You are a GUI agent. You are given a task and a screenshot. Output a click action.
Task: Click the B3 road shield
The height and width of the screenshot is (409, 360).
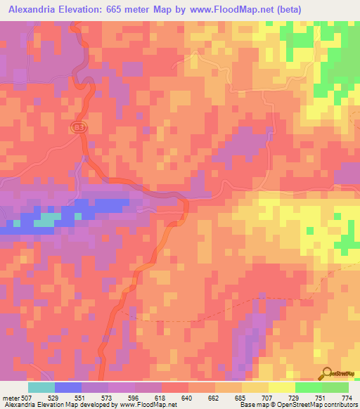click(x=79, y=127)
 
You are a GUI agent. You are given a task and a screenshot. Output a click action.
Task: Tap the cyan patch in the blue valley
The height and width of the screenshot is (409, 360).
click(x=46, y=220)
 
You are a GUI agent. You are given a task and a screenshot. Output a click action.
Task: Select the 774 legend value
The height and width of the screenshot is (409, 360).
click(x=347, y=397)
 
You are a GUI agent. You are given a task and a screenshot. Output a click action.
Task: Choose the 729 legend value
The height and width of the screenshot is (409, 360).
click(x=294, y=397)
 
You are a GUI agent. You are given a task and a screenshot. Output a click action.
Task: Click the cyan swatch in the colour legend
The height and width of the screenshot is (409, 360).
click(x=41, y=387)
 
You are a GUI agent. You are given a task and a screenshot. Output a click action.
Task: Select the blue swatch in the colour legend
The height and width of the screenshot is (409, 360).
click(x=68, y=387)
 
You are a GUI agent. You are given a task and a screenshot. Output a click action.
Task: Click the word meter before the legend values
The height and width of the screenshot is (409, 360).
click(x=13, y=397)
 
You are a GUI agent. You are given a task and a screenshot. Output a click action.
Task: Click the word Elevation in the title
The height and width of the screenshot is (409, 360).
click(x=87, y=10)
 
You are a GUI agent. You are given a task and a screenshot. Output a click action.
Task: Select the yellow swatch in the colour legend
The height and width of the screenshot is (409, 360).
click(x=281, y=387)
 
